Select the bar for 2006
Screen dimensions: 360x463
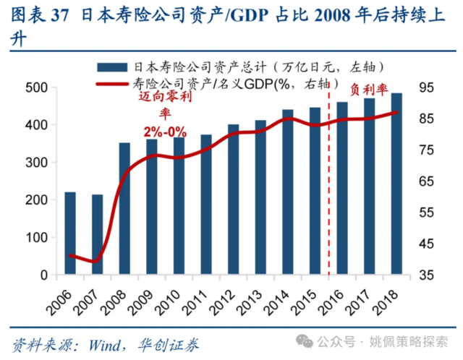[70, 233]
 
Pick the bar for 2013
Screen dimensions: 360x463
[260, 197]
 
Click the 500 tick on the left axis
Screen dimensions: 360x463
[38, 87]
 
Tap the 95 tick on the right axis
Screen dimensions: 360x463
[425, 87]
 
